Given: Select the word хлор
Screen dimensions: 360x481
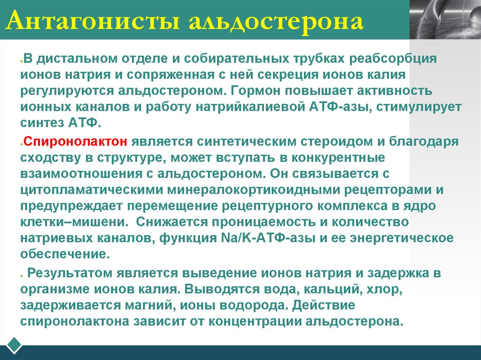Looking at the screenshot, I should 387,290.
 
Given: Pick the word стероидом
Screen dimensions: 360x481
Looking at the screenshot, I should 326,141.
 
